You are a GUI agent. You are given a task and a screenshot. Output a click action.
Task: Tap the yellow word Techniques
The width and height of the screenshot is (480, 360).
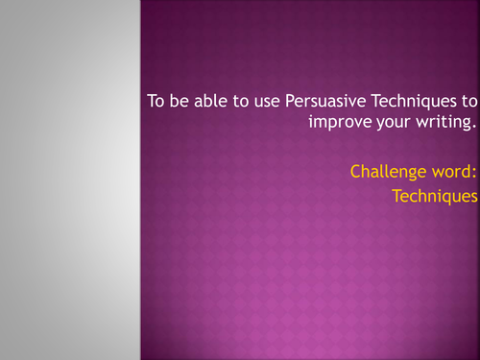coord(434,196)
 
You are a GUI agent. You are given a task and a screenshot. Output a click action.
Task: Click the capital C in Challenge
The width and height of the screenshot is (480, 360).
coord(355,173)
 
